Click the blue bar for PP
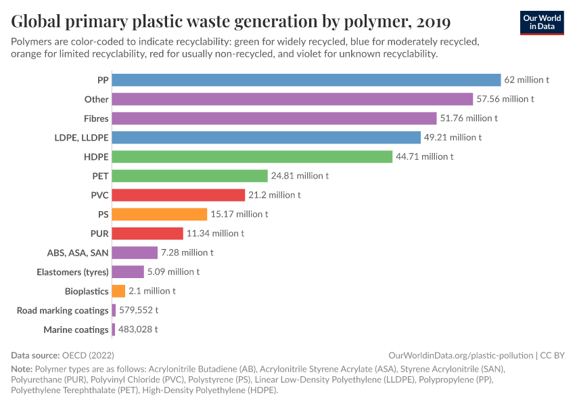click(x=306, y=80)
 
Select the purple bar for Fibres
click(x=274, y=118)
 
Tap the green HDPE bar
click(x=252, y=156)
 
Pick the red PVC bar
click(x=178, y=195)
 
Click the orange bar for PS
click(x=159, y=214)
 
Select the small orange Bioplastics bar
click(x=118, y=291)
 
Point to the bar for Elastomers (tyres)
click(x=128, y=272)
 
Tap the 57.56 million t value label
click(x=505, y=99)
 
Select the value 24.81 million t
click(x=300, y=176)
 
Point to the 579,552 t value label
click(x=139, y=310)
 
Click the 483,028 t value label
click(x=138, y=330)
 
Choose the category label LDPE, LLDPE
click(x=81, y=137)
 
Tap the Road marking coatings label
click(x=63, y=310)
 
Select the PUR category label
click(x=99, y=233)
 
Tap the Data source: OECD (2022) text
click(x=62, y=355)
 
